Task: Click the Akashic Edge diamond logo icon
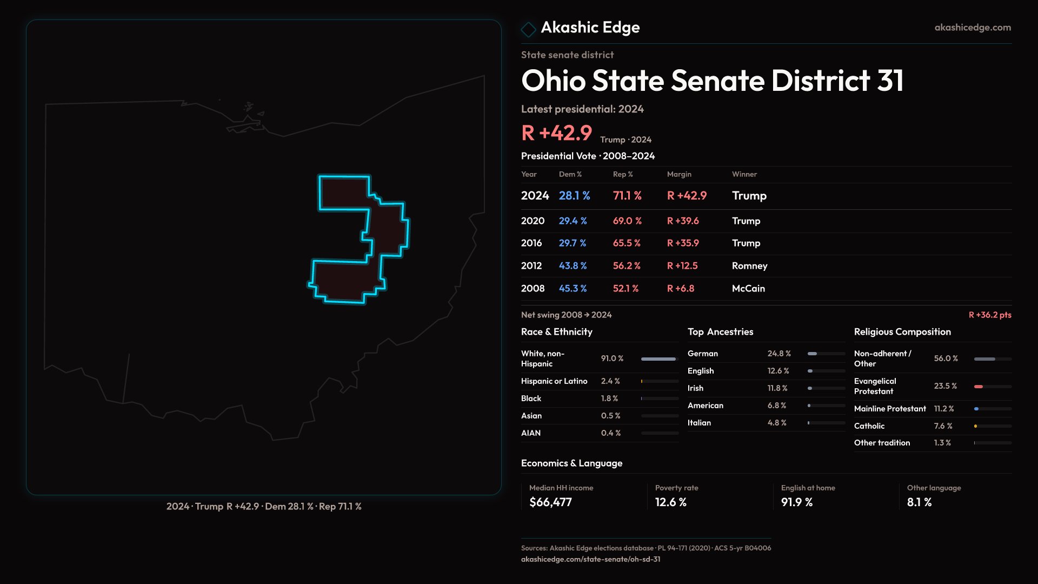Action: click(x=528, y=29)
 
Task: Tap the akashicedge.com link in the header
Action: click(x=973, y=27)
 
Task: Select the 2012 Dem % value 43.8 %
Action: click(x=573, y=266)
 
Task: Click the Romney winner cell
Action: click(x=749, y=266)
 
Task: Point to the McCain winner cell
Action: click(x=748, y=288)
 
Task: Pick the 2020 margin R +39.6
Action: click(x=683, y=221)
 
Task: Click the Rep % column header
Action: click(x=623, y=174)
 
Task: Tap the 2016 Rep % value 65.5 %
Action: click(x=627, y=243)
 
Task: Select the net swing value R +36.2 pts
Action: click(x=990, y=315)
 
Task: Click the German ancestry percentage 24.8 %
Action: click(x=779, y=353)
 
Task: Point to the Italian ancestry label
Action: click(x=699, y=422)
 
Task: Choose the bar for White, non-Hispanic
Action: click(x=658, y=359)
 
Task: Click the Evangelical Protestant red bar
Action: click(x=979, y=386)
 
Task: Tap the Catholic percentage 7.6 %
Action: click(x=943, y=426)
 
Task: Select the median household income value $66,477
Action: click(x=550, y=502)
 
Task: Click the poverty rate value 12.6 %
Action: click(x=670, y=502)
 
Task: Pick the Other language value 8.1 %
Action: click(x=919, y=502)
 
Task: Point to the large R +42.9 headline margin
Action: click(x=556, y=133)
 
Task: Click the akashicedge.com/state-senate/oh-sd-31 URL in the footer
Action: click(x=590, y=559)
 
